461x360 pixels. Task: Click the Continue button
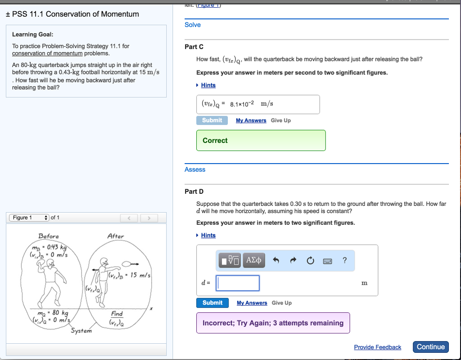point(430,347)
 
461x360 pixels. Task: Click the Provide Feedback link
point(377,347)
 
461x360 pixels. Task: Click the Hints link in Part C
point(208,85)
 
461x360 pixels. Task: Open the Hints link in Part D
point(208,235)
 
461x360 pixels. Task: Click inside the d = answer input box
point(238,283)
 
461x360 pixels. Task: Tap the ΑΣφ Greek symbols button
point(254,260)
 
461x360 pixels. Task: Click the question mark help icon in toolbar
point(344,260)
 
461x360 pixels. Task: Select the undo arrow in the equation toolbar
point(276,260)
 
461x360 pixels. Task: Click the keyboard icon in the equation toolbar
point(327,260)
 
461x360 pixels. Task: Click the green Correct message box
point(261,141)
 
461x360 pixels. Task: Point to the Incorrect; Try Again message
point(273,323)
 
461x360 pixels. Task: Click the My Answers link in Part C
point(251,121)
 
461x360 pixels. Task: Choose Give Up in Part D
point(281,303)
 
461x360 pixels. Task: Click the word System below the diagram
point(81,331)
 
